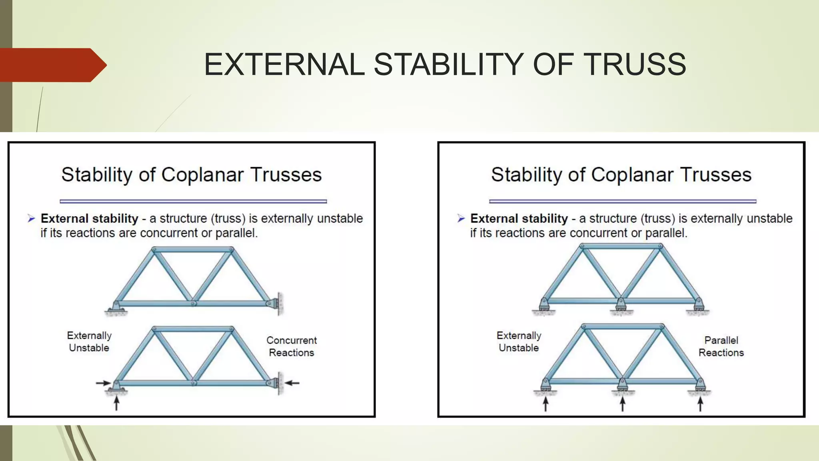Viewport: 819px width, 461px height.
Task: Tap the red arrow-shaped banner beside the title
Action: pyautogui.click(x=52, y=65)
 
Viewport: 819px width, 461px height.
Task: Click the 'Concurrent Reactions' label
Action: pyautogui.click(x=292, y=346)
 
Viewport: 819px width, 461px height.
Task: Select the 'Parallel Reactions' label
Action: pyautogui.click(x=721, y=346)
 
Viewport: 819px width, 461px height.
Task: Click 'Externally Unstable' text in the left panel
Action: pyautogui.click(x=89, y=341)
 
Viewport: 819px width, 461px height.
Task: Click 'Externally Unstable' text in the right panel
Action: pyautogui.click(x=519, y=341)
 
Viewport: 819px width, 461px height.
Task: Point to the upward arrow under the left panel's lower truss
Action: pyautogui.click(x=116, y=403)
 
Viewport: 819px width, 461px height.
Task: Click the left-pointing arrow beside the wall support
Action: pyautogui.click(x=292, y=383)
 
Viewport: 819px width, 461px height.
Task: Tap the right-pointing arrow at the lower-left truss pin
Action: pyautogui.click(x=103, y=383)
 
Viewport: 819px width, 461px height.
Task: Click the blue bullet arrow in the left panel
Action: pyautogui.click(x=31, y=218)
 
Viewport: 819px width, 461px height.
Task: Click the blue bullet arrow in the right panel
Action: pyautogui.click(x=461, y=218)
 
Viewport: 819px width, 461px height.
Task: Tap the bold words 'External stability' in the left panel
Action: pyautogui.click(x=89, y=218)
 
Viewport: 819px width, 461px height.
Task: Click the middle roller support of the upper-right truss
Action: pyautogui.click(x=620, y=306)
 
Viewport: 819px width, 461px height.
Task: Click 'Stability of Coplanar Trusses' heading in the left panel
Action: pyautogui.click(x=191, y=175)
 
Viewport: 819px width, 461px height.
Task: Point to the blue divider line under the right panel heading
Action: pyautogui.click(x=622, y=201)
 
